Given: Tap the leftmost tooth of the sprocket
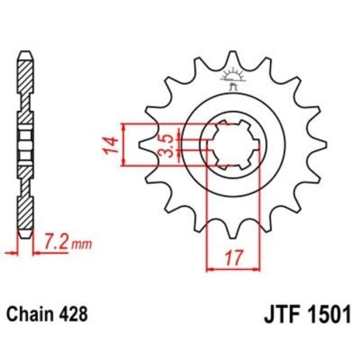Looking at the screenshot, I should (x=145, y=145).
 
